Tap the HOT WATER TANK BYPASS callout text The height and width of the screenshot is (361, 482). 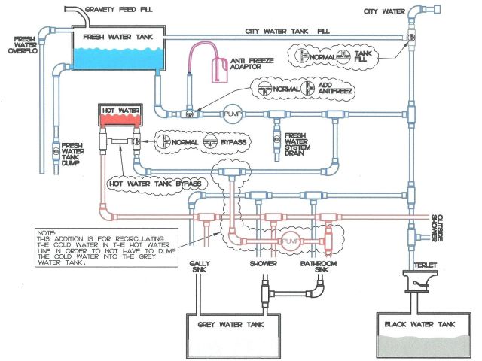156,184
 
